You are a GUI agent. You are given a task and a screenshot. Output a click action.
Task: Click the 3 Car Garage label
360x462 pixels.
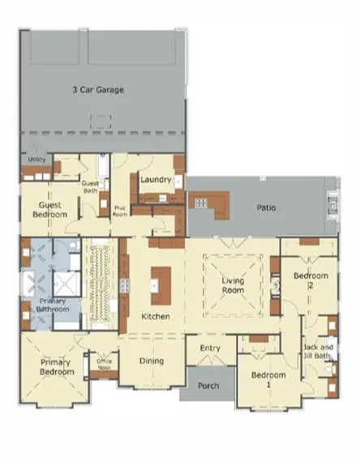pyautogui.click(x=98, y=90)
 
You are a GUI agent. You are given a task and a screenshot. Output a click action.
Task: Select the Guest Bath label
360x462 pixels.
pyautogui.click(x=90, y=186)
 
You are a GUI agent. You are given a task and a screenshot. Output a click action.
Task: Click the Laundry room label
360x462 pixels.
pyautogui.click(x=154, y=179)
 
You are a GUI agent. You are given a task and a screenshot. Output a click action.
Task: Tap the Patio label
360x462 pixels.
pyautogui.click(x=266, y=207)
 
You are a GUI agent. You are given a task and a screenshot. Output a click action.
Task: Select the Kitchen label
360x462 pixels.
pyautogui.click(x=155, y=315)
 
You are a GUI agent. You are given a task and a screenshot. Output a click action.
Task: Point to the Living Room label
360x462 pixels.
pyautogui.click(x=234, y=284)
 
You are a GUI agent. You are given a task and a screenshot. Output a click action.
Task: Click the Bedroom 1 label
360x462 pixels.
pyautogui.click(x=268, y=375)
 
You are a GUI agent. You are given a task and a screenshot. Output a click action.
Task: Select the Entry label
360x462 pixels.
pyautogui.click(x=210, y=348)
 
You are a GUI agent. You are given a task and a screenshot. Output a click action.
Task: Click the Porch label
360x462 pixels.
pyautogui.click(x=208, y=386)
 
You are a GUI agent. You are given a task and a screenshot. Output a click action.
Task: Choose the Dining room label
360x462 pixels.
pyautogui.click(x=151, y=361)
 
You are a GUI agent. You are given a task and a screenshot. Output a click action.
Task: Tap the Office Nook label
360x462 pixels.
pyautogui.click(x=104, y=363)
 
